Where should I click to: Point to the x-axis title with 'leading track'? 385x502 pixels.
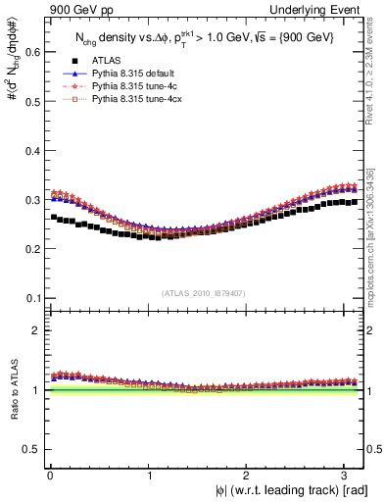click(x=292, y=490)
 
